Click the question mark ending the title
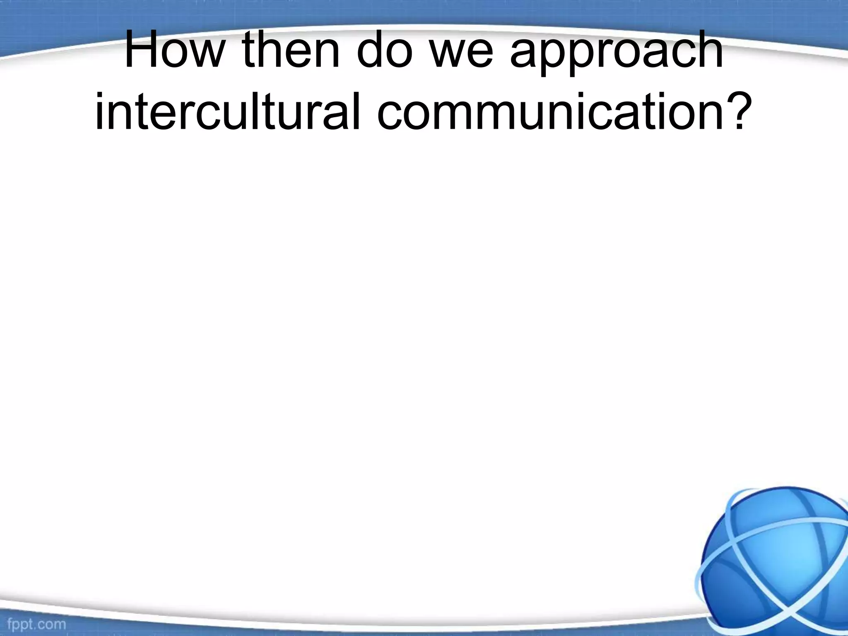(x=740, y=110)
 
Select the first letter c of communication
(x=392, y=113)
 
